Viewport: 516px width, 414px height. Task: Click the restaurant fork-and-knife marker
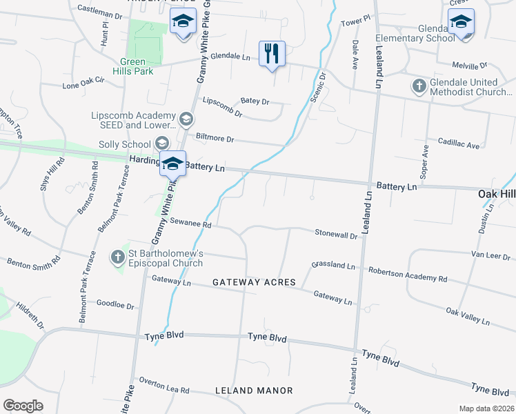[x=272, y=52]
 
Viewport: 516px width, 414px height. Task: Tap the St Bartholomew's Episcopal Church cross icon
[x=118, y=257]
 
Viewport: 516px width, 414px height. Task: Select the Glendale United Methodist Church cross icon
[x=419, y=86]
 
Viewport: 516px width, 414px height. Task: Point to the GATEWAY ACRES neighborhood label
[x=254, y=283]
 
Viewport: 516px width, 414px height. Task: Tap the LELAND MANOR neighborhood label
[x=254, y=391]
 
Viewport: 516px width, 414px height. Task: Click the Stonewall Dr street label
[x=335, y=235]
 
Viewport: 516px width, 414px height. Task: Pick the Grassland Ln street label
[x=333, y=265]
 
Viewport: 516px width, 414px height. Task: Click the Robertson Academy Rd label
[x=408, y=275]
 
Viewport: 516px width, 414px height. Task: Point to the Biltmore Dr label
[x=215, y=139]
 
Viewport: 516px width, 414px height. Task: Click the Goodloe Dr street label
[x=115, y=303]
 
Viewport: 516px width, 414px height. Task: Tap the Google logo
[x=23, y=405]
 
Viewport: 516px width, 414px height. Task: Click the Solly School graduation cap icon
[x=161, y=144]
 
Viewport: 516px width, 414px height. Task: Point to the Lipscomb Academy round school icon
[x=185, y=120]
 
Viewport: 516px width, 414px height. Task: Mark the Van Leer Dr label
[x=491, y=255]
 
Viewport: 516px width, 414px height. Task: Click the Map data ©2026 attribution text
[x=486, y=408]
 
